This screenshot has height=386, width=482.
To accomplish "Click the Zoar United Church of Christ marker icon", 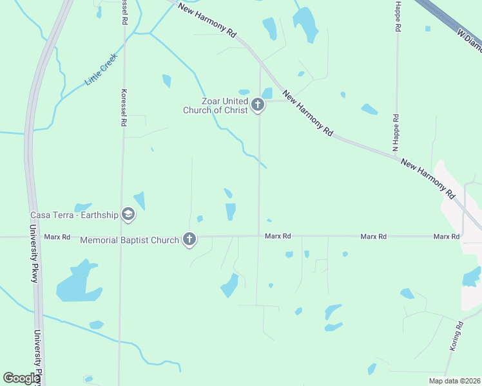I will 258,105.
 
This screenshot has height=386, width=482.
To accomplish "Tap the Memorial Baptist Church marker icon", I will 189,239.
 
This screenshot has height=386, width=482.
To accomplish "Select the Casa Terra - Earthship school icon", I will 128,214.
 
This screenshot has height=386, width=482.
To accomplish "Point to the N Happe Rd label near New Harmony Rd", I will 396,134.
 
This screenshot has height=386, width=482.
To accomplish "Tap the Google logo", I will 21,379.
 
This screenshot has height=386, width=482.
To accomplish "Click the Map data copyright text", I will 454,380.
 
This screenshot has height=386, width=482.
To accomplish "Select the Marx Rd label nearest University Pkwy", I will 57,237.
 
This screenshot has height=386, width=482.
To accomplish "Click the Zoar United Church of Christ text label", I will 215,106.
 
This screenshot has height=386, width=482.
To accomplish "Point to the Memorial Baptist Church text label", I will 130,241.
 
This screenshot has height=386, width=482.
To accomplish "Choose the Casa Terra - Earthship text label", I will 74,215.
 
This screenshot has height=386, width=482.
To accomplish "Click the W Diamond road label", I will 468,41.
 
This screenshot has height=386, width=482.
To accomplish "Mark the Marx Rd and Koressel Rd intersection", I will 120,237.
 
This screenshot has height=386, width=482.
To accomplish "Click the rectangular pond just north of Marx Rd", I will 231,211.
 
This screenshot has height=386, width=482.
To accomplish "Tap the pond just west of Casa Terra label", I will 82,207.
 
